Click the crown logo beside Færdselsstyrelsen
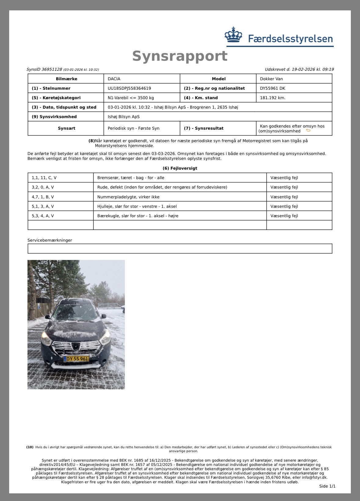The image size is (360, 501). click(x=233, y=35)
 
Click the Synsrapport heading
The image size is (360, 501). click(x=180, y=56)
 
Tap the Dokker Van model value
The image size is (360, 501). click(x=271, y=79)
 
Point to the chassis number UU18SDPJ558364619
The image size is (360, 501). click(x=129, y=88)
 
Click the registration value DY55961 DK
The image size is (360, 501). click(x=273, y=88)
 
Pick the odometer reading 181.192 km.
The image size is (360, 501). click(x=273, y=98)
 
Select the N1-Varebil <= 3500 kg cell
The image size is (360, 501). click(x=131, y=98)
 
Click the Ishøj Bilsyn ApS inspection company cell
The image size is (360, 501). click(x=124, y=117)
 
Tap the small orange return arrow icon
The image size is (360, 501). click(x=308, y=131)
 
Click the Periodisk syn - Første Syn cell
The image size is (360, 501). click(x=133, y=128)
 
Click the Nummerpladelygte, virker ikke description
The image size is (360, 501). click(x=128, y=197)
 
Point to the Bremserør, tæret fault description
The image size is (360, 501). click(x=131, y=178)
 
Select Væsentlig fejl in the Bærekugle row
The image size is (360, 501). click(x=284, y=216)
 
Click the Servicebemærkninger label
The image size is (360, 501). click(x=50, y=240)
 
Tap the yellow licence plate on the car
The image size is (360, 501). click(x=76, y=359)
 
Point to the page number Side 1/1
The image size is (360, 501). click(x=327, y=486)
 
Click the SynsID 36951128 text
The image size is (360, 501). click(x=44, y=70)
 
